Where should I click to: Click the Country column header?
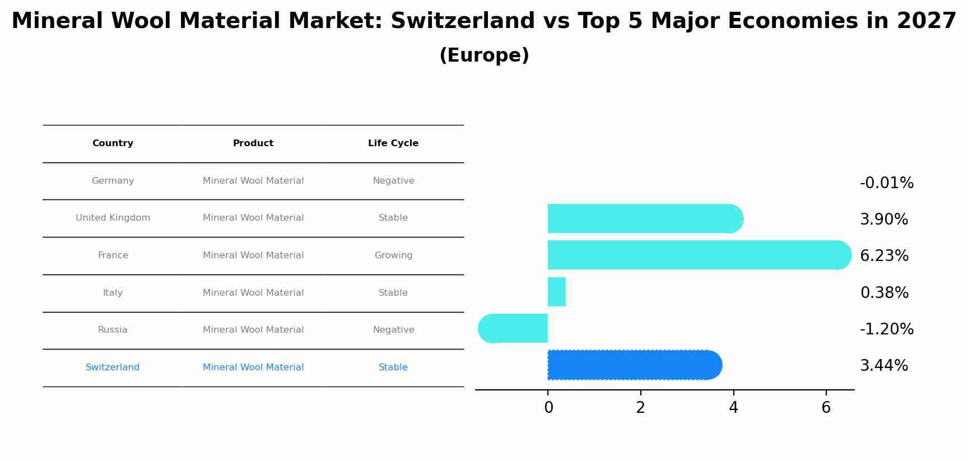pyautogui.click(x=113, y=143)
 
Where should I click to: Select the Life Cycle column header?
pyautogui.click(x=393, y=143)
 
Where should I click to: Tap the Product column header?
pyautogui.click(x=253, y=143)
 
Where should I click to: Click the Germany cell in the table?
pyautogui.click(x=113, y=181)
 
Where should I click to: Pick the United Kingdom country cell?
pyautogui.click(x=113, y=218)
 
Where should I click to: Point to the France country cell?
pyautogui.click(x=113, y=255)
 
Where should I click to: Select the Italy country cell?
pyautogui.click(x=113, y=293)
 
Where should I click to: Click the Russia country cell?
pyautogui.click(x=113, y=330)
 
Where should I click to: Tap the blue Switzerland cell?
pyautogui.click(x=113, y=367)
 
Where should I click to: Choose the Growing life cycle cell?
pyautogui.click(x=393, y=255)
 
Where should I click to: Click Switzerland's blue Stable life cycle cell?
pyautogui.click(x=393, y=367)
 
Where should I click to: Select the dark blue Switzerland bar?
pyautogui.click(x=633, y=365)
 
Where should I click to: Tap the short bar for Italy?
pyautogui.click(x=557, y=292)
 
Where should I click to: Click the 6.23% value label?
pyautogui.click(x=884, y=256)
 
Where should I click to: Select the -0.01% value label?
pyautogui.click(x=886, y=183)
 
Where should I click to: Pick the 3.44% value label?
pyautogui.click(x=883, y=366)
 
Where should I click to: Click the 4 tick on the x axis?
pyautogui.click(x=733, y=408)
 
